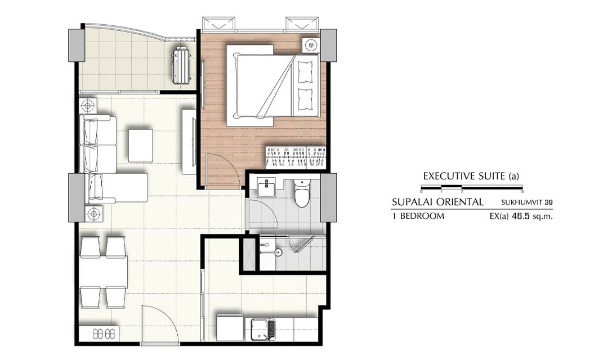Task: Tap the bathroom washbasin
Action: click(x=267, y=189)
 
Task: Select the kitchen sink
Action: click(x=263, y=330)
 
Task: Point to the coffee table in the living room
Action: click(x=141, y=145)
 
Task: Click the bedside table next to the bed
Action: click(x=310, y=46)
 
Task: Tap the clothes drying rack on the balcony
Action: click(x=181, y=65)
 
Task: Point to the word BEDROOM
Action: click(x=422, y=216)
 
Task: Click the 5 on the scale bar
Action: click(x=522, y=191)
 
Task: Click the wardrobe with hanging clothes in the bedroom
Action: click(x=296, y=156)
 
